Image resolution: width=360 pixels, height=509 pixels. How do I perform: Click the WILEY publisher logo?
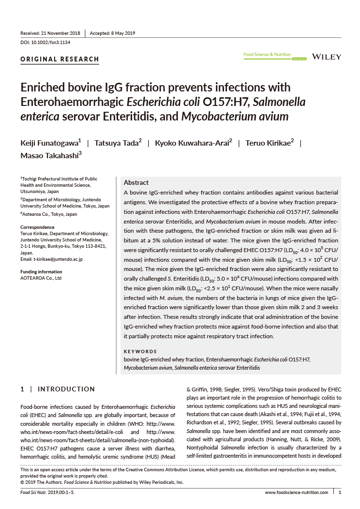click(x=327, y=57)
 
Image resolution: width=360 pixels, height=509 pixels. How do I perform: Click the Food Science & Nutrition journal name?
click(x=267, y=55)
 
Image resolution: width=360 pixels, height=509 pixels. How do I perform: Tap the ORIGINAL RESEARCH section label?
click(x=60, y=60)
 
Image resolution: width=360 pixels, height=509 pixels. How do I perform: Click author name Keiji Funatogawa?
click(x=49, y=143)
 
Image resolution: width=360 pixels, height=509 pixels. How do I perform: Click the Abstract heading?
click(x=136, y=182)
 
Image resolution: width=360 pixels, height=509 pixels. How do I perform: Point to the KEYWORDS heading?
click(x=140, y=352)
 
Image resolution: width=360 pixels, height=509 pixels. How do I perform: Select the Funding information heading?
click(x=41, y=272)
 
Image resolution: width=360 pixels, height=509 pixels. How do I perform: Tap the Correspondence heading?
click(x=37, y=227)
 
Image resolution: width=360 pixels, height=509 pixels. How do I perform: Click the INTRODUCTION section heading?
click(x=66, y=389)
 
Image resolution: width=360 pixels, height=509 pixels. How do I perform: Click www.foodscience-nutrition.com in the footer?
click(x=296, y=493)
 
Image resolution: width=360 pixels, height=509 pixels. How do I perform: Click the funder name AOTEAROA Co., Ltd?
click(x=41, y=278)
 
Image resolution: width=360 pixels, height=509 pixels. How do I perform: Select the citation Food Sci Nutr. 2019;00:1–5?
click(x=47, y=493)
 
